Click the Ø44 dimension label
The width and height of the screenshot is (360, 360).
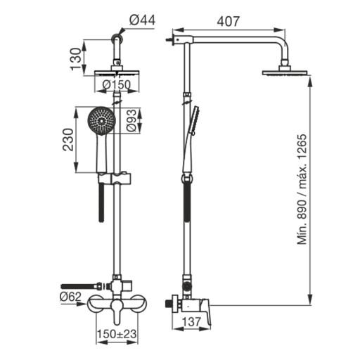pyautogui.click(x=142, y=20)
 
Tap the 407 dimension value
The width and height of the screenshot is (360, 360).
pyautogui.click(x=229, y=22)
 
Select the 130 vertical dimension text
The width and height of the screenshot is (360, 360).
pyautogui.click(x=76, y=58)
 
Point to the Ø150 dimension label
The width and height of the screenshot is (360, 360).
pyautogui.click(x=117, y=85)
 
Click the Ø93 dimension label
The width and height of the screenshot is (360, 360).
pyautogui.click(x=131, y=120)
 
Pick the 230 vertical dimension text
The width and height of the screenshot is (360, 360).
pyautogui.click(x=68, y=140)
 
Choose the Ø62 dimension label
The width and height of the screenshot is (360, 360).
pyautogui.click(x=70, y=297)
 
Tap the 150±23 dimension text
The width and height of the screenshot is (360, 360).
pyautogui.click(x=117, y=334)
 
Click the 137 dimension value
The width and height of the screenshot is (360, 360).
pyautogui.click(x=191, y=321)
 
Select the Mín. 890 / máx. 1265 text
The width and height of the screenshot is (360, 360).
pyautogui.click(x=302, y=189)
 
